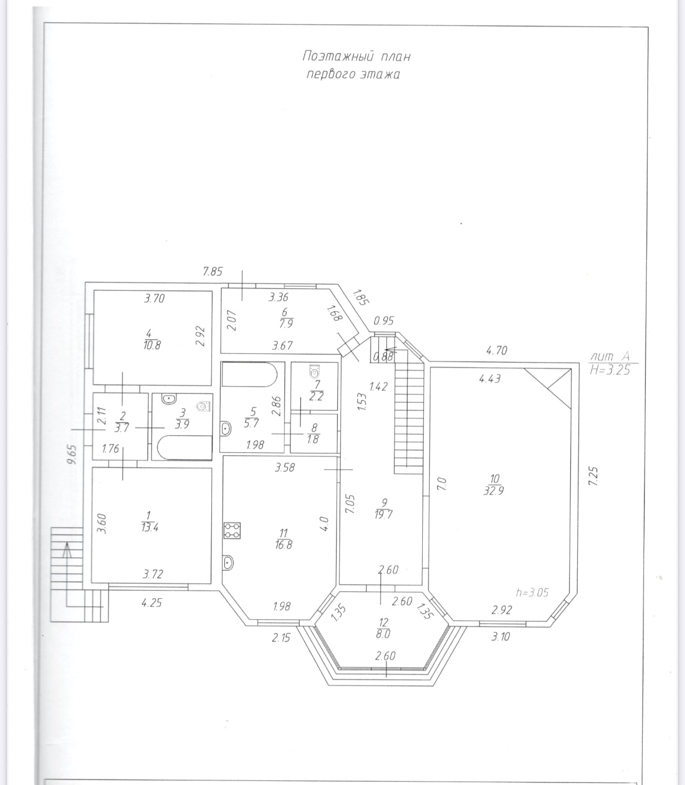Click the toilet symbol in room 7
(x=314, y=371)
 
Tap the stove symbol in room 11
(x=232, y=530)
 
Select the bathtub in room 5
(x=249, y=374)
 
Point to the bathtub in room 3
(x=185, y=447)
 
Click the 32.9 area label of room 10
(x=494, y=491)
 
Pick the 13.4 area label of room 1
(x=149, y=528)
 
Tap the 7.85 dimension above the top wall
(x=213, y=272)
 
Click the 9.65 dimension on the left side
(x=71, y=455)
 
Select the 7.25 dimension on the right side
(x=593, y=476)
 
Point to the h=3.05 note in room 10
(x=532, y=592)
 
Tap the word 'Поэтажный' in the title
(x=338, y=56)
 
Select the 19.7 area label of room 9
(x=383, y=514)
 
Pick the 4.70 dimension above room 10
(x=496, y=350)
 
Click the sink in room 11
(x=228, y=562)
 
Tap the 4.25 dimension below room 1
(x=152, y=603)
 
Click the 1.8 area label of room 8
(x=313, y=439)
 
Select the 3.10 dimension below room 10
(x=501, y=637)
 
